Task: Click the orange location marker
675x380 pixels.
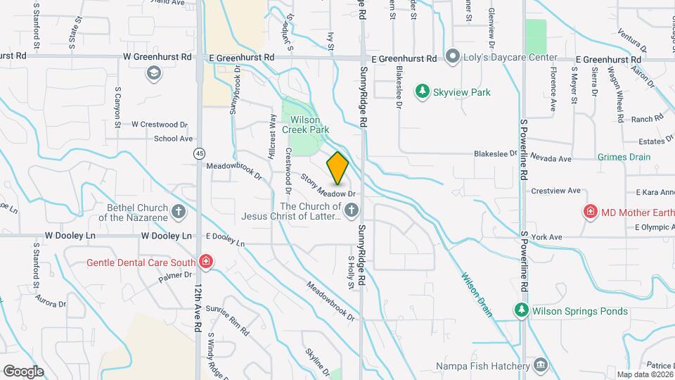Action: point(337,167)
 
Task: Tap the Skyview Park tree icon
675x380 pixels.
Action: point(422,91)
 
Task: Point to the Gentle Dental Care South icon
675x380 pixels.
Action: point(205,262)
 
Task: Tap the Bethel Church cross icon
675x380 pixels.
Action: point(179,211)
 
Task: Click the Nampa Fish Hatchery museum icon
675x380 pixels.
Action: point(541,365)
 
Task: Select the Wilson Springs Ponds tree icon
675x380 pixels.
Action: point(520,310)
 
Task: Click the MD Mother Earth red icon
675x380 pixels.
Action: point(591,211)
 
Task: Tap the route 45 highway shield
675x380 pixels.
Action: point(201,153)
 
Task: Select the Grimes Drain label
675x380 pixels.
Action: point(624,157)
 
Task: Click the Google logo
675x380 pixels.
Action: point(23,371)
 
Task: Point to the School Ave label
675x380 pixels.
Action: point(173,139)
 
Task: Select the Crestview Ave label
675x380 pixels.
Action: point(555,191)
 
